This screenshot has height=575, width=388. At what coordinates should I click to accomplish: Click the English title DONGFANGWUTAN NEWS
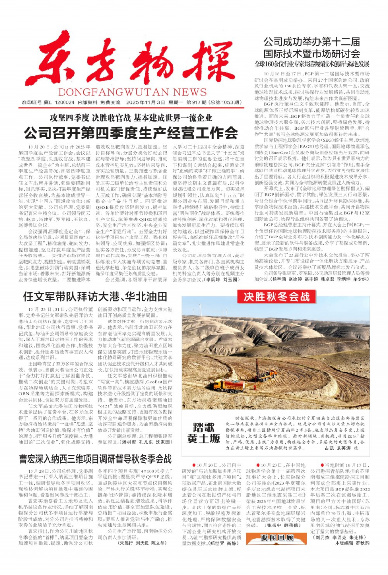tap(132, 92)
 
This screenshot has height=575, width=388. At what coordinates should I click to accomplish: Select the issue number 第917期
tap(198, 103)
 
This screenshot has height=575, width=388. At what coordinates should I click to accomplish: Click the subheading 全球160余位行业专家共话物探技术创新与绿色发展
tap(312, 64)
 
